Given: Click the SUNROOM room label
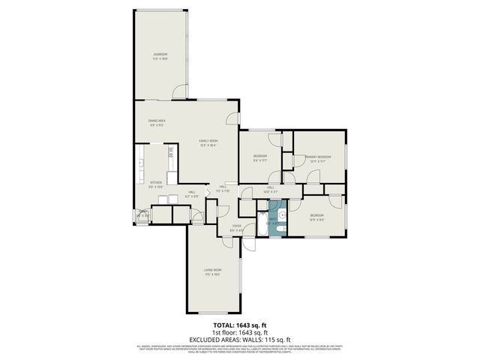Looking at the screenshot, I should coord(160,54).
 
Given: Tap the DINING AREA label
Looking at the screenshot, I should coord(157,120).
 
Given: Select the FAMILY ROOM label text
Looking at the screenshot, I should coord(208,141).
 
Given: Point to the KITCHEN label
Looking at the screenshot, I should coord(156,183).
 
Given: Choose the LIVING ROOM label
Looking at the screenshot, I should coord(212,270).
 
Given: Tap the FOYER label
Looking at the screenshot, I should coord(236,226).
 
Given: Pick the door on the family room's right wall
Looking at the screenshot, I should coord(234,118).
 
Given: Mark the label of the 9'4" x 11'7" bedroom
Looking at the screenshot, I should coord(259,157).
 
